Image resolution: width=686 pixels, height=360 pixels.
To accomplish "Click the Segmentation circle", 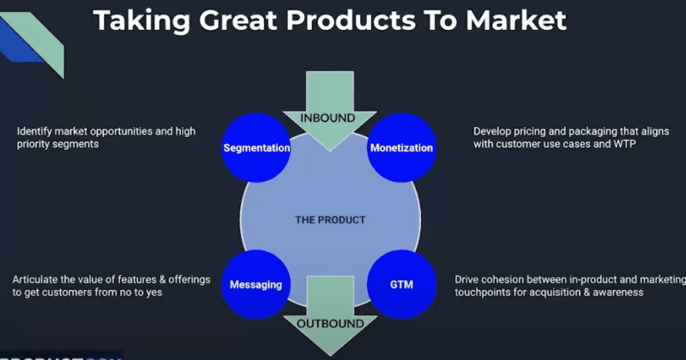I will click(x=256, y=148).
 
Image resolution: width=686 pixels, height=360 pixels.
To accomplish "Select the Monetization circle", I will click(x=401, y=148).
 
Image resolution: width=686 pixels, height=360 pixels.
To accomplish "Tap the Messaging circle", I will click(x=256, y=284).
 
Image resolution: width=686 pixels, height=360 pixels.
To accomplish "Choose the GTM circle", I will click(x=401, y=284).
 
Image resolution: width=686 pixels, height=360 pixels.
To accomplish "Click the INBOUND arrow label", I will click(x=330, y=117).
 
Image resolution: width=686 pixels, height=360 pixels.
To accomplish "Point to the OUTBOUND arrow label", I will click(x=330, y=323).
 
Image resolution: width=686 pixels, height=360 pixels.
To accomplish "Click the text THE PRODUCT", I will click(x=330, y=220).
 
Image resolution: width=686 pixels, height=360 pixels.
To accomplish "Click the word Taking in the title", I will click(x=136, y=21).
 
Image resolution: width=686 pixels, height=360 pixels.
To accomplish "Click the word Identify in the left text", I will click(x=35, y=132).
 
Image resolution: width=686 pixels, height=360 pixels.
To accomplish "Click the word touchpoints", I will click(x=484, y=292).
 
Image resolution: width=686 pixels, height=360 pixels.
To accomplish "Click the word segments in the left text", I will click(x=79, y=145).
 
